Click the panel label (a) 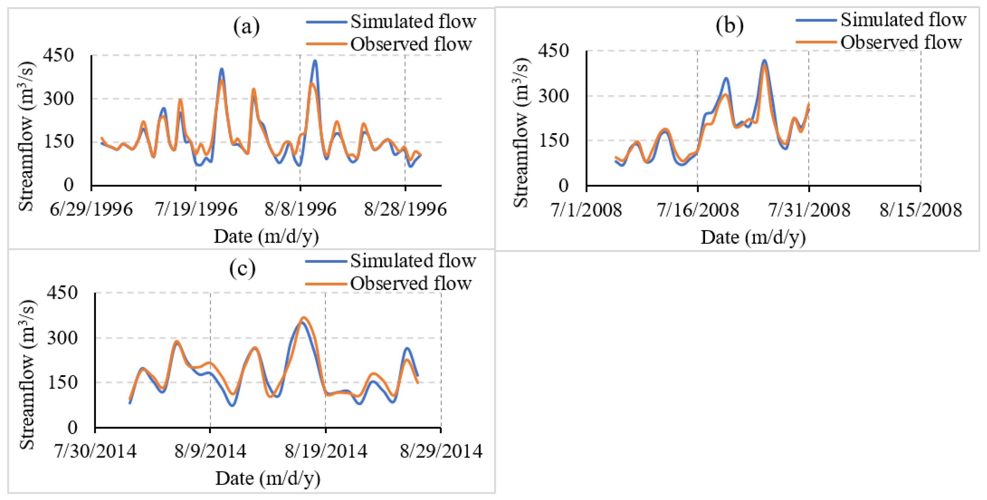point(246,27)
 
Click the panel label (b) point(729,25)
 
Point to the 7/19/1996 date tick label point(196,209)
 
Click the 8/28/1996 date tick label point(405,209)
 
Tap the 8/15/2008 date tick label point(920,210)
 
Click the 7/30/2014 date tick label point(95,451)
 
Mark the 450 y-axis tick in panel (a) point(58,55)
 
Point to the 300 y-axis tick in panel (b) point(554,96)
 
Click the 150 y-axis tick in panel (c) point(62,382)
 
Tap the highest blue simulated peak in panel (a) point(315,61)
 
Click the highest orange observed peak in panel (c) point(304,318)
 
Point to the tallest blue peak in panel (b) point(764,60)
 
